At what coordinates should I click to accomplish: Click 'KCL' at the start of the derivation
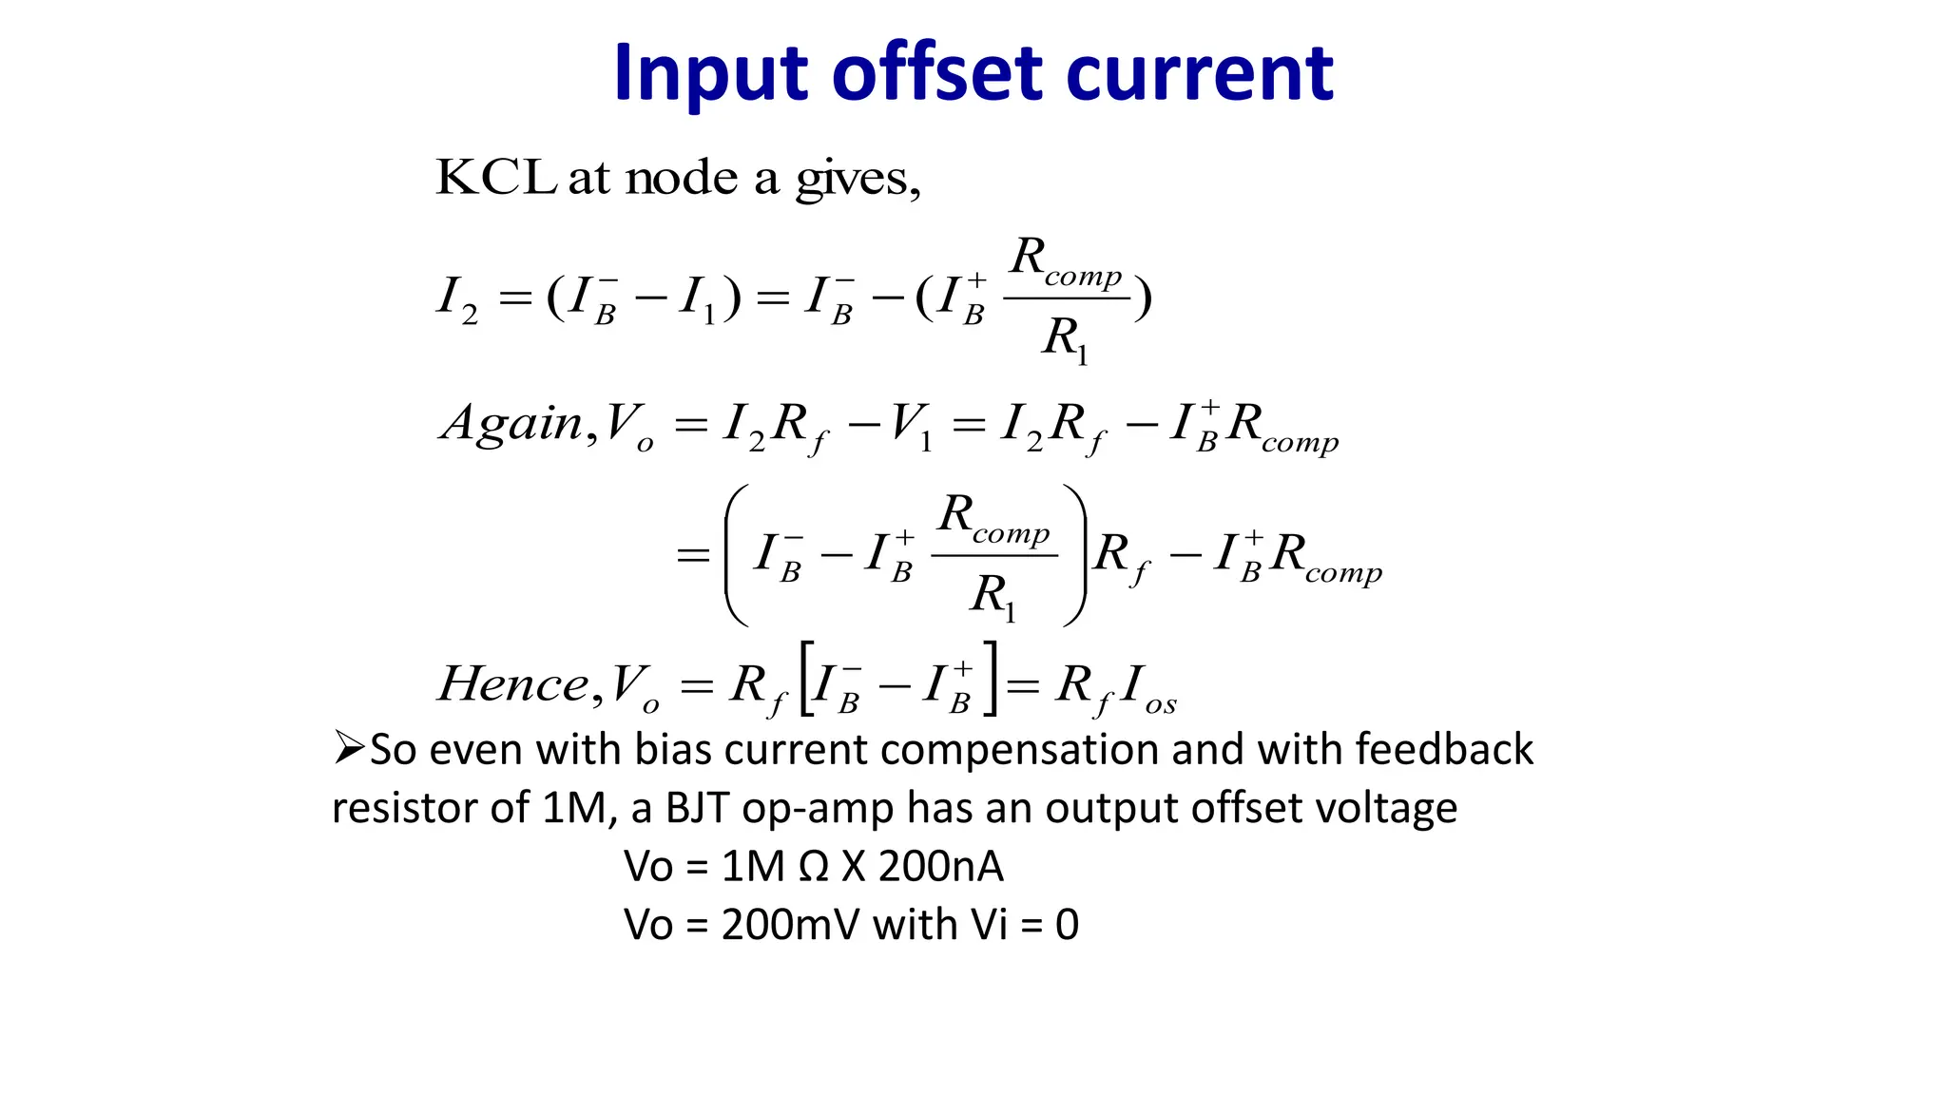495,177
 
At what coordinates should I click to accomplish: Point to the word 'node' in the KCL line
682,178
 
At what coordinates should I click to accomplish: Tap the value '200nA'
940,866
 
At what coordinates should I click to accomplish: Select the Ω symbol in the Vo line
813,867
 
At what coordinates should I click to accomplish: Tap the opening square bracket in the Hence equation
806,679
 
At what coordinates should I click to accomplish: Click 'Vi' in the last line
989,925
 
